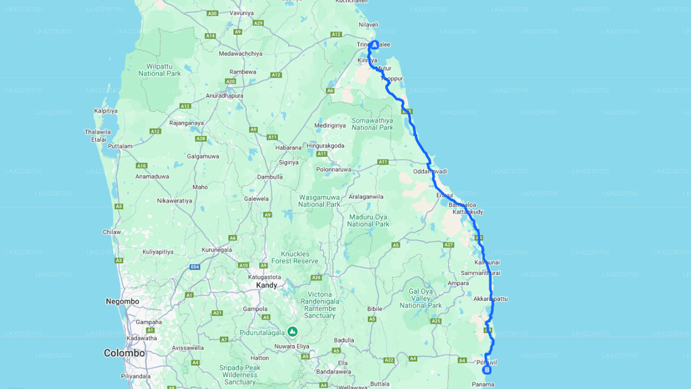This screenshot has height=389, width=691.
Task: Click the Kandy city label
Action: [x=267, y=285]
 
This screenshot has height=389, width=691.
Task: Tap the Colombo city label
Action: [x=124, y=353]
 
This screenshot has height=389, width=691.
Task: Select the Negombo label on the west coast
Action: [x=123, y=301]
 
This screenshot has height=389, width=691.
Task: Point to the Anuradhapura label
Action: [x=225, y=96]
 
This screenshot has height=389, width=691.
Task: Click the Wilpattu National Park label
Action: [x=159, y=70]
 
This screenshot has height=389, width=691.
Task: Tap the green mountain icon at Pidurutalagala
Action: [x=293, y=331]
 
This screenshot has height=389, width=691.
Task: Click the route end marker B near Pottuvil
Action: [x=487, y=370]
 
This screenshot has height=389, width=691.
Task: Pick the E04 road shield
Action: [x=195, y=267]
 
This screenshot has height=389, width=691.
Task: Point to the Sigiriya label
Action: [x=289, y=162]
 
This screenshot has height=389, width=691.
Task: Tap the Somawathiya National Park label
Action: [x=372, y=124]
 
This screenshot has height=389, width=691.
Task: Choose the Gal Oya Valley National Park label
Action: [x=421, y=298]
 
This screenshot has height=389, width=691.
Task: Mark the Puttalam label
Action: [x=120, y=146]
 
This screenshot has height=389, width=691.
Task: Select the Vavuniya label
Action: [x=241, y=12]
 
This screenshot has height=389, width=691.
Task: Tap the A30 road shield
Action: [x=212, y=13]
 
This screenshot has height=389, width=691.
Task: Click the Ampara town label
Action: [x=458, y=283]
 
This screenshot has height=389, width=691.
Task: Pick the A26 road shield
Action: [x=316, y=278]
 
